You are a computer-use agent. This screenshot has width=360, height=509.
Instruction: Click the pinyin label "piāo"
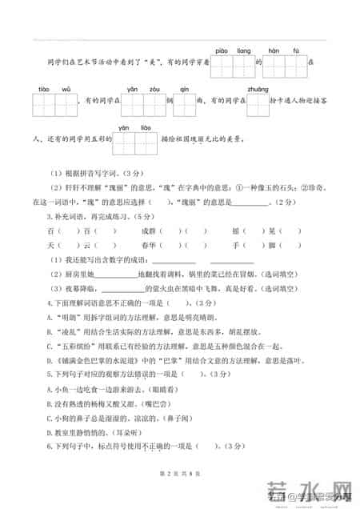pos(222,49)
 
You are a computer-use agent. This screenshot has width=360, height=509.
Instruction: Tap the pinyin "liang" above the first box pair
pos(242,49)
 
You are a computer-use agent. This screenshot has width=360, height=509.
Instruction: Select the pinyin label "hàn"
pos(274,49)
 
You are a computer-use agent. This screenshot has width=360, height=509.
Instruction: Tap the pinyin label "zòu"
pos(154,89)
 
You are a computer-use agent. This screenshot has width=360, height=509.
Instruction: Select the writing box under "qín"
pos(184,104)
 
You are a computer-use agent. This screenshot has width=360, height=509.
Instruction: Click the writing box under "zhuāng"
pos(258,104)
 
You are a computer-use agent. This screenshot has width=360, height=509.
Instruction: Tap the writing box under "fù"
pos(295,64)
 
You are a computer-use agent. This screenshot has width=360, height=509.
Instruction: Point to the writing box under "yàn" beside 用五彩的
pos(124,143)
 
